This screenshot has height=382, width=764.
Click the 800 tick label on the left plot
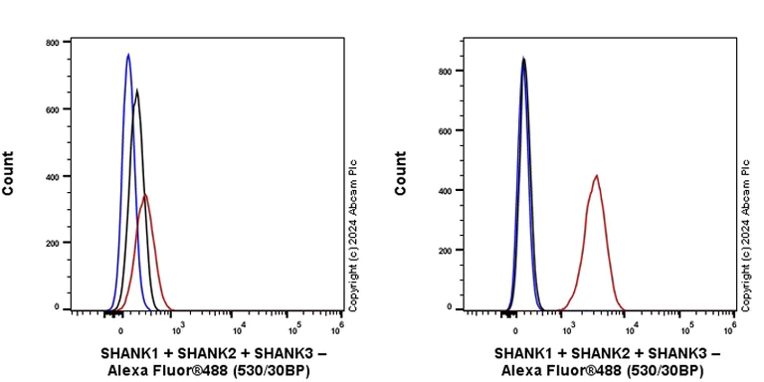click(x=50, y=43)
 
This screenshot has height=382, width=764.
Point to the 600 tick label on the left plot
click(x=50, y=109)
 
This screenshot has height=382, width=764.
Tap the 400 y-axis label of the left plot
click(x=50, y=176)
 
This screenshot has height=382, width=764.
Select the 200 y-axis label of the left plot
click(x=50, y=243)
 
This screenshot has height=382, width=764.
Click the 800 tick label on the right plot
click(x=447, y=71)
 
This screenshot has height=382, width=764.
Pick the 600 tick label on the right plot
click(x=447, y=130)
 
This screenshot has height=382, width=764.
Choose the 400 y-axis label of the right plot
click(x=447, y=190)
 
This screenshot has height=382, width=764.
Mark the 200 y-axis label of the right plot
click(x=447, y=249)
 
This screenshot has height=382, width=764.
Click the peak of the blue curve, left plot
click(x=128, y=55)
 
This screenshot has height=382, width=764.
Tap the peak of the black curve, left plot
click(x=137, y=90)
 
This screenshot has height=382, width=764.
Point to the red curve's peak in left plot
click(x=145, y=195)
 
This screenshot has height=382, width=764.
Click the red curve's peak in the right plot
click(x=596, y=176)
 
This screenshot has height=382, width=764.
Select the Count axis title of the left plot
click(x=9, y=173)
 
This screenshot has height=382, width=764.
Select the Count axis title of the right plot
click(x=402, y=173)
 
